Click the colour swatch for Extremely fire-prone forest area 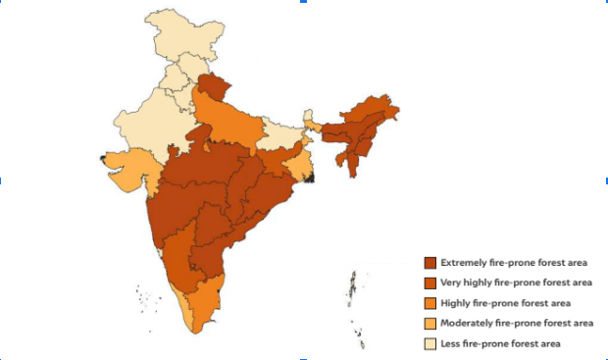pyautogui.click(x=430, y=263)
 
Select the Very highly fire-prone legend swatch pyautogui.click(x=430, y=283)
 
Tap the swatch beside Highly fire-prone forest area pyautogui.click(x=430, y=303)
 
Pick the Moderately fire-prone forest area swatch pyautogui.click(x=430, y=323)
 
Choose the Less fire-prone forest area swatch pyautogui.click(x=430, y=343)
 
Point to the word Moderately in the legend pyautogui.click(x=465, y=323)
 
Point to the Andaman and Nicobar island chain pyautogui.click(x=353, y=294)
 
